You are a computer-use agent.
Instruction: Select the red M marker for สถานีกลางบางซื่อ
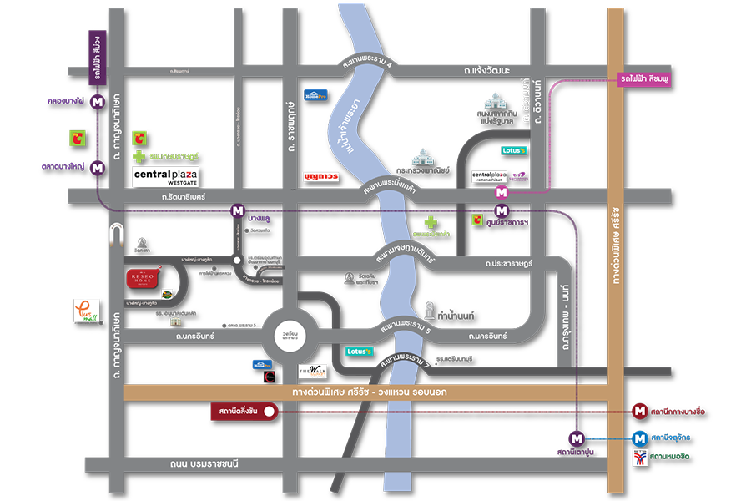click(x=639, y=411)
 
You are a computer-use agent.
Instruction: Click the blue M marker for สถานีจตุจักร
click(x=639, y=438)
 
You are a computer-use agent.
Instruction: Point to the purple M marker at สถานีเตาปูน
click(x=576, y=438)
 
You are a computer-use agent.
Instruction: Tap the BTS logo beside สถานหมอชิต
click(x=640, y=458)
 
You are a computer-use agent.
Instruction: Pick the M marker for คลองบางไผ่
click(x=98, y=102)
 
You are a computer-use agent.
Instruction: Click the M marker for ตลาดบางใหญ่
click(x=98, y=167)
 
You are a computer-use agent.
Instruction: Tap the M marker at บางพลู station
click(x=239, y=211)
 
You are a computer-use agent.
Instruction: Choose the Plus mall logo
click(x=87, y=312)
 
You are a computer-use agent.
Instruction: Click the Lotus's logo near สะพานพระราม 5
click(x=360, y=352)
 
